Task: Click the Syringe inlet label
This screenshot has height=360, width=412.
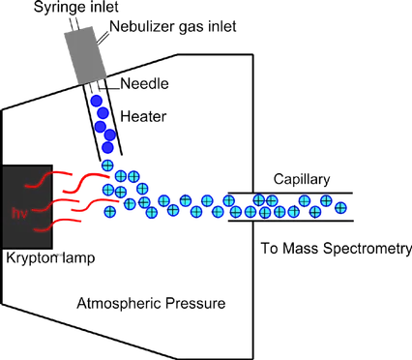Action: pyautogui.click(x=76, y=7)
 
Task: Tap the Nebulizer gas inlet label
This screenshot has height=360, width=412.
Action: pyautogui.click(x=173, y=26)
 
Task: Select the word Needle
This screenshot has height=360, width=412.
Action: pyautogui.click(x=144, y=84)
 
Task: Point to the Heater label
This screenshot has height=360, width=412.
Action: pyautogui.click(x=143, y=116)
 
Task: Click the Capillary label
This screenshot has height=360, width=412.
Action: pyautogui.click(x=302, y=180)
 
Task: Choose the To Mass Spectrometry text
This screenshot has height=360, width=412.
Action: pyautogui.click(x=337, y=249)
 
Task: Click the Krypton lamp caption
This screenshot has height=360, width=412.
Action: pyautogui.click(x=50, y=258)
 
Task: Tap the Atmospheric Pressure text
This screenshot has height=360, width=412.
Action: pyautogui.click(x=151, y=304)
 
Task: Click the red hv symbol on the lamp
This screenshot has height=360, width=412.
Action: pyautogui.click(x=19, y=213)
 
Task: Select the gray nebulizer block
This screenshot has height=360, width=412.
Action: pyautogui.click(x=85, y=55)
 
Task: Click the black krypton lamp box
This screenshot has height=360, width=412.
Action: pyautogui.click(x=27, y=207)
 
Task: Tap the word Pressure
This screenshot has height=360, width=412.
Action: pyautogui.click(x=195, y=304)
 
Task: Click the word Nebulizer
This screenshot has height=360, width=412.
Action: pyautogui.click(x=142, y=26)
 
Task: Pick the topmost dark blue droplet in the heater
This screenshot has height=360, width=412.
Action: pyautogui.click(x=97, y=101)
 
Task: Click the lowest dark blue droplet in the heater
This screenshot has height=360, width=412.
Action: pyautogui.click(x=107, y=147)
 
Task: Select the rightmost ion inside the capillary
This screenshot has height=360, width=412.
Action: pyautogui.click(x=340, y=208)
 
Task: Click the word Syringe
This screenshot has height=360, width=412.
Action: pyautogui.click(x=56, y=7)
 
